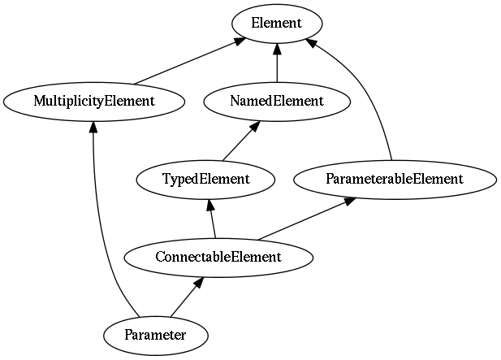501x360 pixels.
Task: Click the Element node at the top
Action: pos(277,24)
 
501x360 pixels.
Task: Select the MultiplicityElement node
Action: pos(94,102)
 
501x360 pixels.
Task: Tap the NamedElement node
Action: pos(277,102)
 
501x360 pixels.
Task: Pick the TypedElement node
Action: pos(205,180)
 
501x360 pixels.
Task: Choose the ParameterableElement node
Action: pos(395,180)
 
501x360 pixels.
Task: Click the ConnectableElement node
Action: pos(218,258)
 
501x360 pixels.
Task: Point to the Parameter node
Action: pos(156,336)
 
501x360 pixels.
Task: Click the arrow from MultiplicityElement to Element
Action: pos(190,61)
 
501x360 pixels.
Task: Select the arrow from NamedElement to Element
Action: pos(277,63)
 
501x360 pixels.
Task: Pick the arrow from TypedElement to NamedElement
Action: pos(240,141)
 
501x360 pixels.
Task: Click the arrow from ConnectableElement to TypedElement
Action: pos(212,219)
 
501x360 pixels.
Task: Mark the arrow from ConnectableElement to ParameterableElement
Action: pos(307,219)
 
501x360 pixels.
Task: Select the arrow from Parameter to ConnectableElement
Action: pos(187,297)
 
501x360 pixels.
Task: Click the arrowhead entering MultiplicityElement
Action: pos(93,128)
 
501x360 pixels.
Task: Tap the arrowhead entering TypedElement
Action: pos(210,205)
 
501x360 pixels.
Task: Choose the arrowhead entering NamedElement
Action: pos(254,126)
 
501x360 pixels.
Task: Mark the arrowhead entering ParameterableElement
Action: pos(349,202)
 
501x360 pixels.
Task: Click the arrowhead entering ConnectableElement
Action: pos(198,282)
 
